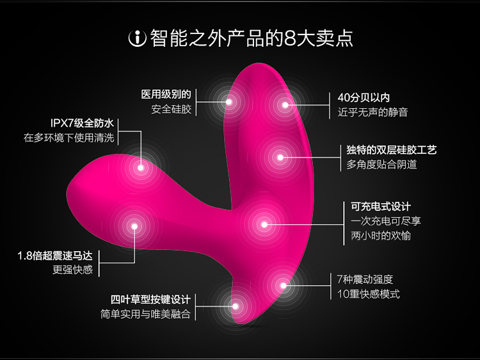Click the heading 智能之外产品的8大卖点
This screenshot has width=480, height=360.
click(251, 38)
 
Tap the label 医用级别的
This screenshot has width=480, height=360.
click(166, 94)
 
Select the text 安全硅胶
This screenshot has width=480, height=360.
click(171, 109)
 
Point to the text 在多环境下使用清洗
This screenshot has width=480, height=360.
click(70, 137)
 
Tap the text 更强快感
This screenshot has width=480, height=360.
click(72, 270)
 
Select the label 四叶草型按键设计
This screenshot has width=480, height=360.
click(150, 300)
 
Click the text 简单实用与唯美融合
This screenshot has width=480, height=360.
click(145, 315)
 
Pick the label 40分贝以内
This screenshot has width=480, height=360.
click(364, 98)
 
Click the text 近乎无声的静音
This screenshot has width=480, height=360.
click(372, 112)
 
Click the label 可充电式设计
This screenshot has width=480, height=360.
click(381, 206)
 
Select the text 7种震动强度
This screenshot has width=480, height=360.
click(365, 279)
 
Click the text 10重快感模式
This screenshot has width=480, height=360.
click(368, 294)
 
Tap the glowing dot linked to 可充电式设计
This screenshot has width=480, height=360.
click(264, 224)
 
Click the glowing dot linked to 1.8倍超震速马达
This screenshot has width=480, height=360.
click(134, 225)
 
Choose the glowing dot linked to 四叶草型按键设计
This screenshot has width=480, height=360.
click(236, 306)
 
